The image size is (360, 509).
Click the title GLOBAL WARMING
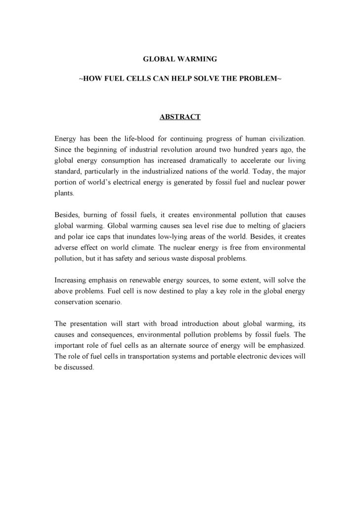tap(180, 59)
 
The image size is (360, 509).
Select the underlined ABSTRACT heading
tap(180, 117)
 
